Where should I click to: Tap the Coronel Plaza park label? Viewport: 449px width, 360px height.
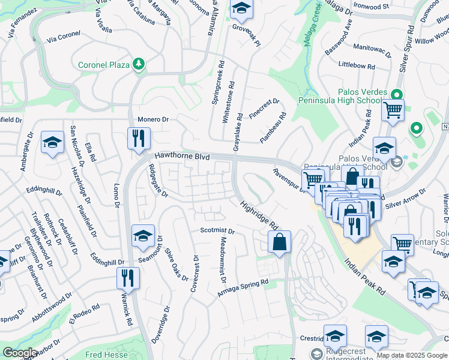(x=104, y=64)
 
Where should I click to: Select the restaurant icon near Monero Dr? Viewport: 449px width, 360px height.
(x=138, y=138)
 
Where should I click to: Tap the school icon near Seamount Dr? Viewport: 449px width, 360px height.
(x=143, y=236)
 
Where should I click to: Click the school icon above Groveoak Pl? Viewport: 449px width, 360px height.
(x=241, y=8)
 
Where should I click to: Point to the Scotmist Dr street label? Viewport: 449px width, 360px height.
(x=217, y=230)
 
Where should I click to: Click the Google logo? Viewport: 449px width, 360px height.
(x=20, y=352)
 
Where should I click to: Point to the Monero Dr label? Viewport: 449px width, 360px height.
(x=153, y=119)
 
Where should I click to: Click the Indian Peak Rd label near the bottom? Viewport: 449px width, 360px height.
(x=365, y=278)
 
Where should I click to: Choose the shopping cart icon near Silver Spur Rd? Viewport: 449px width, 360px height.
(x=393, y=110)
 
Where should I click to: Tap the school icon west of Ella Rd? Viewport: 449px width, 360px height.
(x=52, y=142)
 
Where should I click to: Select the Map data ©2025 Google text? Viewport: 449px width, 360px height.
(x=412, y=355)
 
